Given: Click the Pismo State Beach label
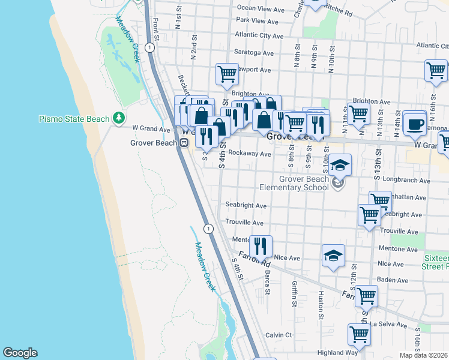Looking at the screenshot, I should (74, 119).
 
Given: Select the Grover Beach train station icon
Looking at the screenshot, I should (184, 143).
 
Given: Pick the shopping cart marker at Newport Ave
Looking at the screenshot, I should (227, 74).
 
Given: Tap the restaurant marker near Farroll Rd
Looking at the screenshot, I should (261, 245).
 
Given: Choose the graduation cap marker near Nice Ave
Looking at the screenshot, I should (333, 255).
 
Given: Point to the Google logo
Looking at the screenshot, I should (20, 353).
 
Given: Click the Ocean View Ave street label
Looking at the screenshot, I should (261, 9).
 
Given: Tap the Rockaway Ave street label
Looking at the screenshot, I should (251, 154).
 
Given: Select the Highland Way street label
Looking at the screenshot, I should (321, 353).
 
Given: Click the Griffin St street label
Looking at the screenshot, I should (295, 294).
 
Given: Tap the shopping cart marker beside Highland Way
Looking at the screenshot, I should (358, 334).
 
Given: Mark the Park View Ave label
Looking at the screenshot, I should (257, 22).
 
